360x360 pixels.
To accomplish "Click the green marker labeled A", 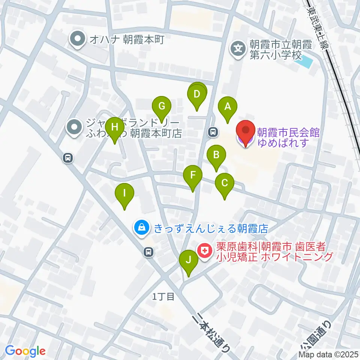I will click(x=227, y=106).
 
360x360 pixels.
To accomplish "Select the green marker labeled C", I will click(x=225, y=183).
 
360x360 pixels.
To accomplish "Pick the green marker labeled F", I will click(x=193, y=175).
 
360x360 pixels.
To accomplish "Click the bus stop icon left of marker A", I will click(x=213, y=132).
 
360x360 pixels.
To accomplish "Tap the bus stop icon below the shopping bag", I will click(x=149, y=252).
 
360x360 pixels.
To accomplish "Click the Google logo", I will click(x=25, y=351).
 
